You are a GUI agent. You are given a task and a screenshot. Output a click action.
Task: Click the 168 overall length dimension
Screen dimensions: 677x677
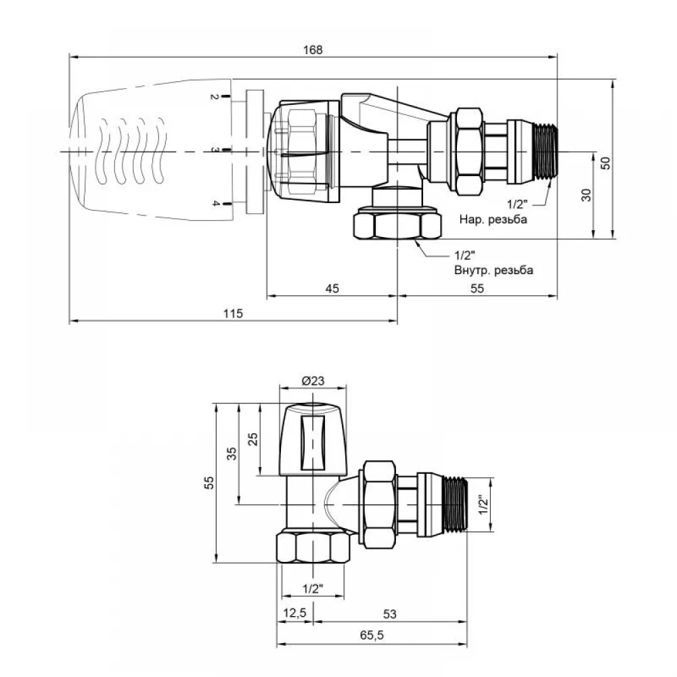pos(313,50)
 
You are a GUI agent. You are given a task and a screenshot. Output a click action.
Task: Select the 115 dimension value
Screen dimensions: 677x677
pos(233,313)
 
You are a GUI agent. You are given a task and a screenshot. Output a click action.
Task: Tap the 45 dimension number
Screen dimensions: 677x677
pos(332,288)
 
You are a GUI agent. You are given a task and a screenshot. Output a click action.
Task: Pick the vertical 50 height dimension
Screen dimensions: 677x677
pos(606,162)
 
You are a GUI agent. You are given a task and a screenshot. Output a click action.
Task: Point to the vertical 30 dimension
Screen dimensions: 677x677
pos(586,195)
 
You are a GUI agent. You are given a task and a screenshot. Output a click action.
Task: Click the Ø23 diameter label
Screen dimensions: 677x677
pos(313,380)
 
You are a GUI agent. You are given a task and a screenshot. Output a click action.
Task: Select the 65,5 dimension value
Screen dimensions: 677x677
pos(372,635)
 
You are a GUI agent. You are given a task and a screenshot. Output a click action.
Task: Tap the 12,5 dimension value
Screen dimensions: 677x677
pos(294,613)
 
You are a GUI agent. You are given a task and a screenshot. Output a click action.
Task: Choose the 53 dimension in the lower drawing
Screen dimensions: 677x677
pos(389,614)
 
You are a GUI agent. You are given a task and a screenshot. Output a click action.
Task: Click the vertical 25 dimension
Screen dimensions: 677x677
pos(253,439)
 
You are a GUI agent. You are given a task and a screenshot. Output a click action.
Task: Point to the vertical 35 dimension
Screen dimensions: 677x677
pos(232,454)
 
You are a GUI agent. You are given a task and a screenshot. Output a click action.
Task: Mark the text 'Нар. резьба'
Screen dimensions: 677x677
pos(493,219)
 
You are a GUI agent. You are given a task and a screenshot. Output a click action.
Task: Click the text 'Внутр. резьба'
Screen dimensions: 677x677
pos(494,270)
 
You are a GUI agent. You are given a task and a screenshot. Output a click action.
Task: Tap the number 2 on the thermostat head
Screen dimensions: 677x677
pos(214,97)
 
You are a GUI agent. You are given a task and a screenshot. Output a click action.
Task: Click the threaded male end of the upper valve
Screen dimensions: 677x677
pos(545,152)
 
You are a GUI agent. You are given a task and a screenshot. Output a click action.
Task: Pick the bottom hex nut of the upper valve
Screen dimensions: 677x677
pos(397,223)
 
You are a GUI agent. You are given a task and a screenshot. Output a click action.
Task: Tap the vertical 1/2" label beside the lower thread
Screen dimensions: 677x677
pos(483,504)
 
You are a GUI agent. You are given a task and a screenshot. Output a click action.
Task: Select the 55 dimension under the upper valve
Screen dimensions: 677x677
pos(477,288)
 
